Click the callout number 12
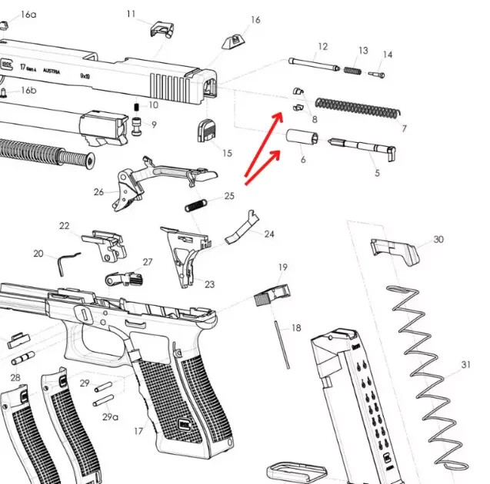[322, 47]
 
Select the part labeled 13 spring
[352, 71]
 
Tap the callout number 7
[403, 128]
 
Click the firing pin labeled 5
[362, 146]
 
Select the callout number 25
[229, 197]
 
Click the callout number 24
[269, 234]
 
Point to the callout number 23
[209, 284]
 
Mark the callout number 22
[65, 226]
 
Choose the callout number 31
[465, 365]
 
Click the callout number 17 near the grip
[138, 431]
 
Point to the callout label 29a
[111, 416]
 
